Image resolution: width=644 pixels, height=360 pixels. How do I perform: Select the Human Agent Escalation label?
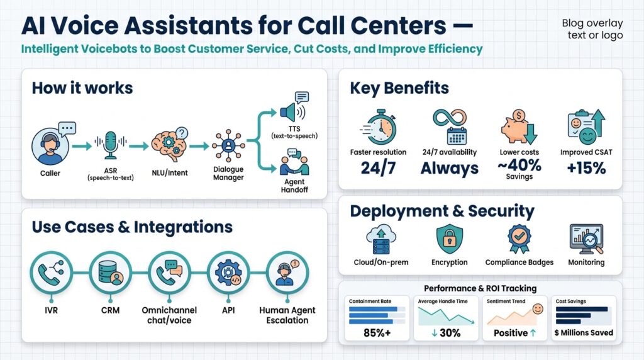287,315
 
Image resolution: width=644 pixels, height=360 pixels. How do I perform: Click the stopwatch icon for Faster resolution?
379,127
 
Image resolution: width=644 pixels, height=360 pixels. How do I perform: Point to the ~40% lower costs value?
519,166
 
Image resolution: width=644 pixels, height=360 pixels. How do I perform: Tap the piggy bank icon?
517,128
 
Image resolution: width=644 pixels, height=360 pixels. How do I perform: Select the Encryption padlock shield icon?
450,240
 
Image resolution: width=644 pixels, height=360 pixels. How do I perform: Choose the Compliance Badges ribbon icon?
519,240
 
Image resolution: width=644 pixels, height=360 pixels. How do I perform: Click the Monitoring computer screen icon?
586,240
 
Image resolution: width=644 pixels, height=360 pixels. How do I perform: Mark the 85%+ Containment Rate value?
379,333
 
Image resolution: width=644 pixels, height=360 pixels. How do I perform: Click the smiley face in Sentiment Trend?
537,309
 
